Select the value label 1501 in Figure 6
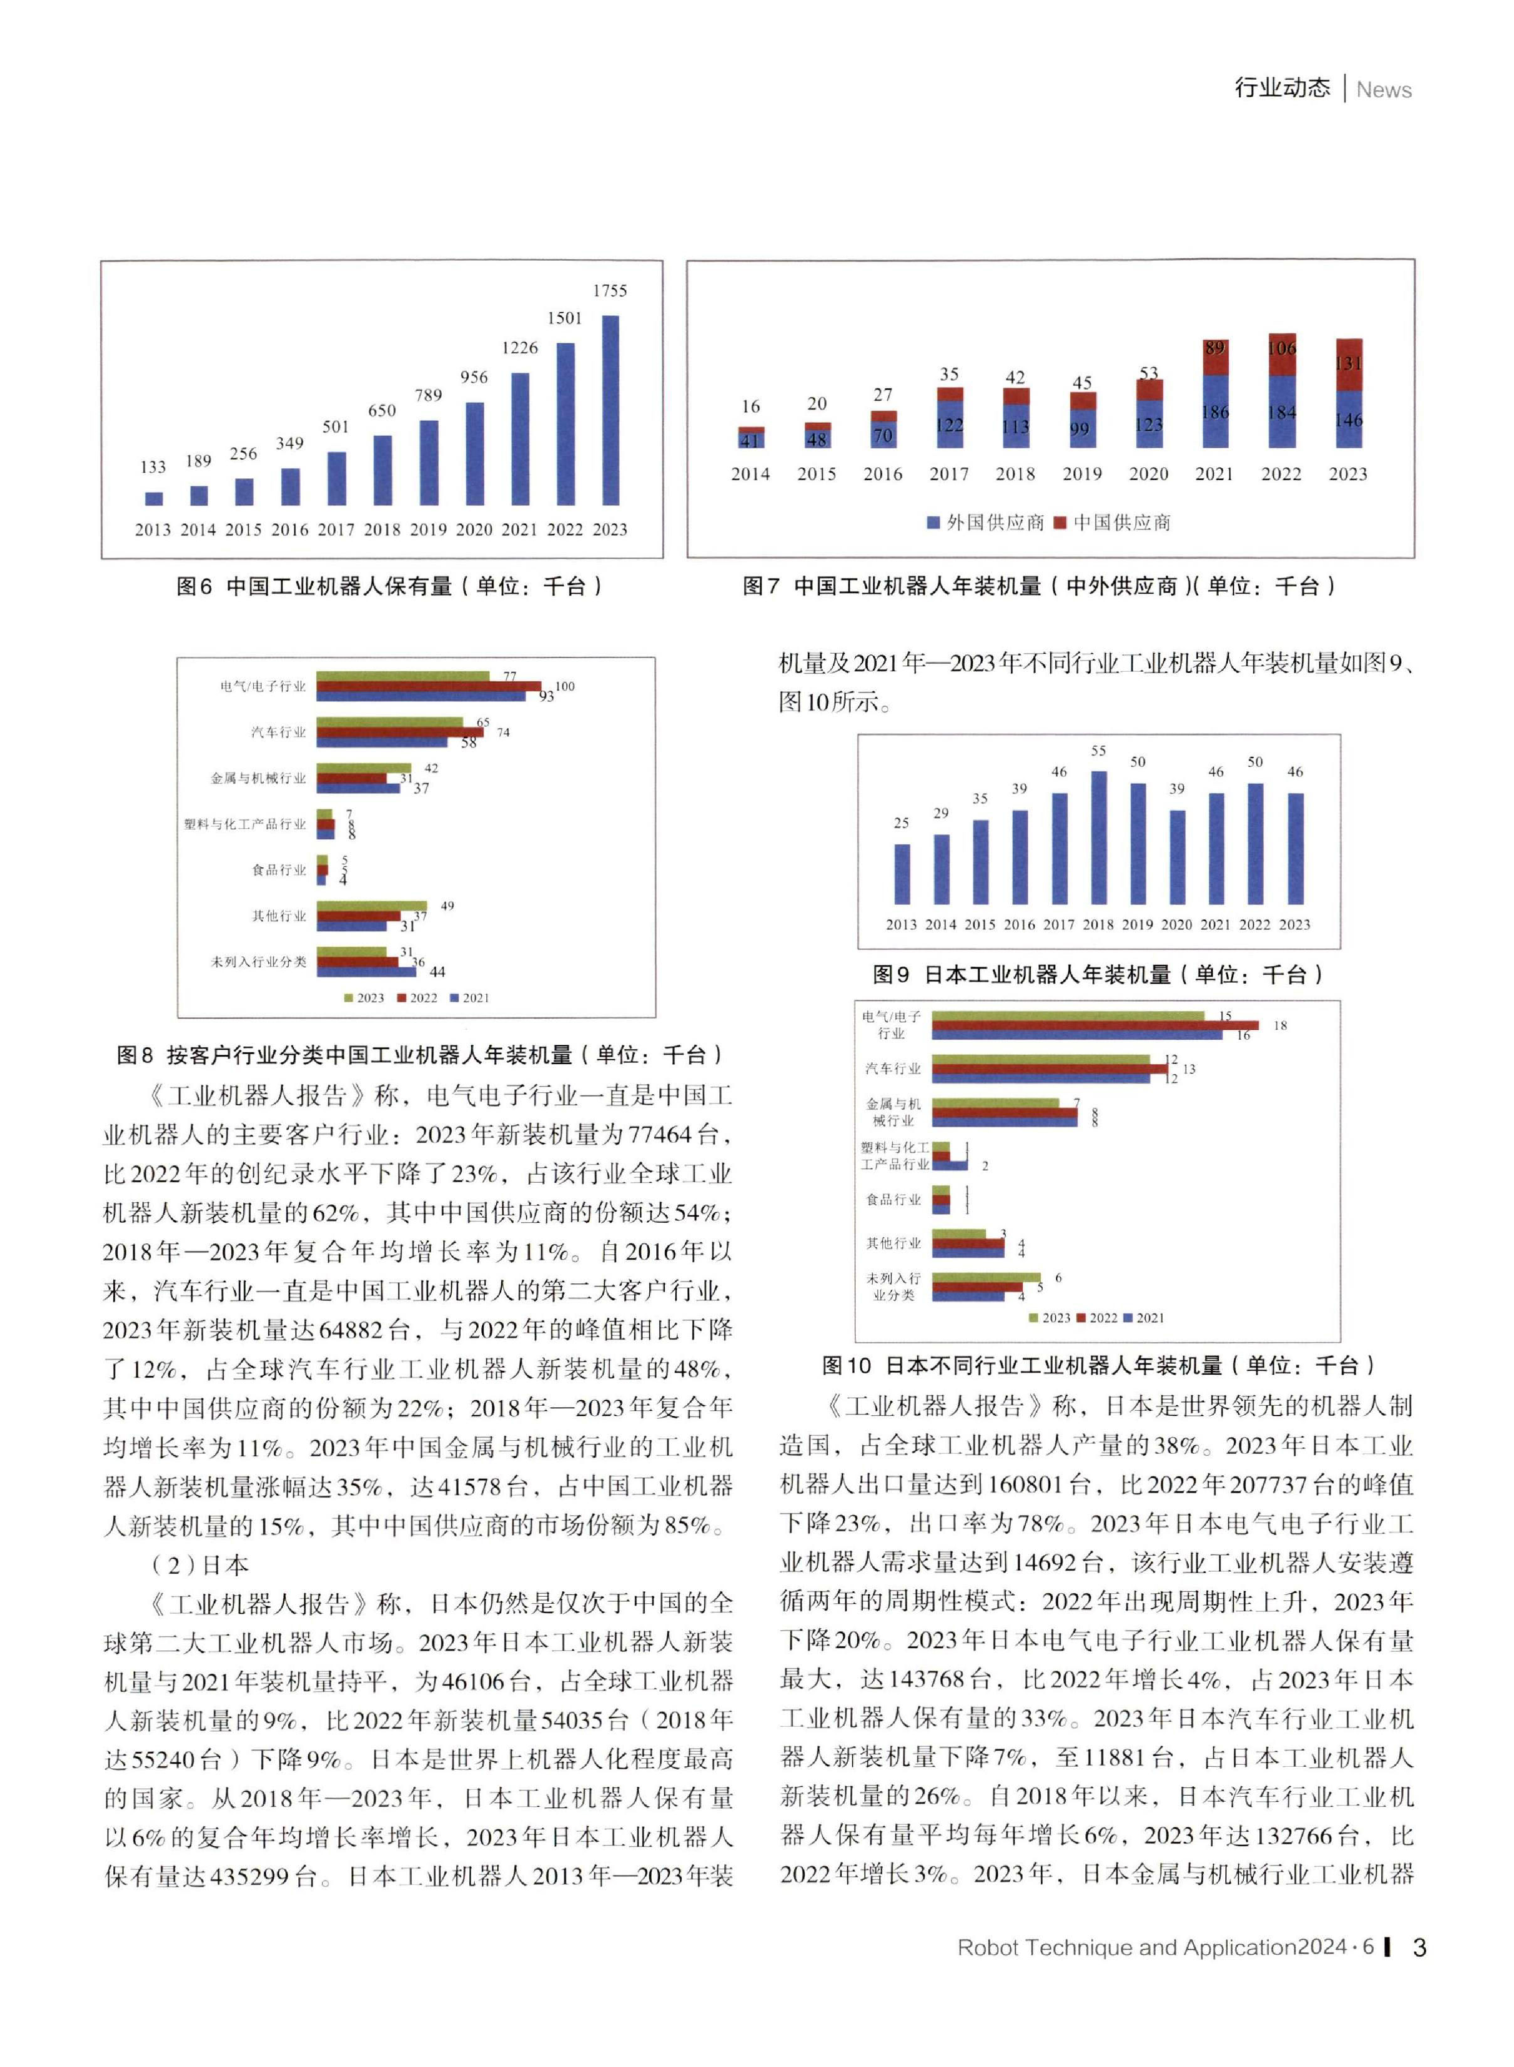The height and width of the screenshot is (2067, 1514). coord(564,318)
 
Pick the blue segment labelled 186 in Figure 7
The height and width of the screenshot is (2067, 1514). coord(1215,412)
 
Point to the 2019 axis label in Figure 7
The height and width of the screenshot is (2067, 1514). coord(1081,474)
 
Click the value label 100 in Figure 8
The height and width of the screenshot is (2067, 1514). coord(564,685)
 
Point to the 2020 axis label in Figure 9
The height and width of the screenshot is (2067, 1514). coord(1177,924)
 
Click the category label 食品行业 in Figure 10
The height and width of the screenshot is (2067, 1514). coord(893,1199)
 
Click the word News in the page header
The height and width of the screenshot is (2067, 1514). coord(1383,90)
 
